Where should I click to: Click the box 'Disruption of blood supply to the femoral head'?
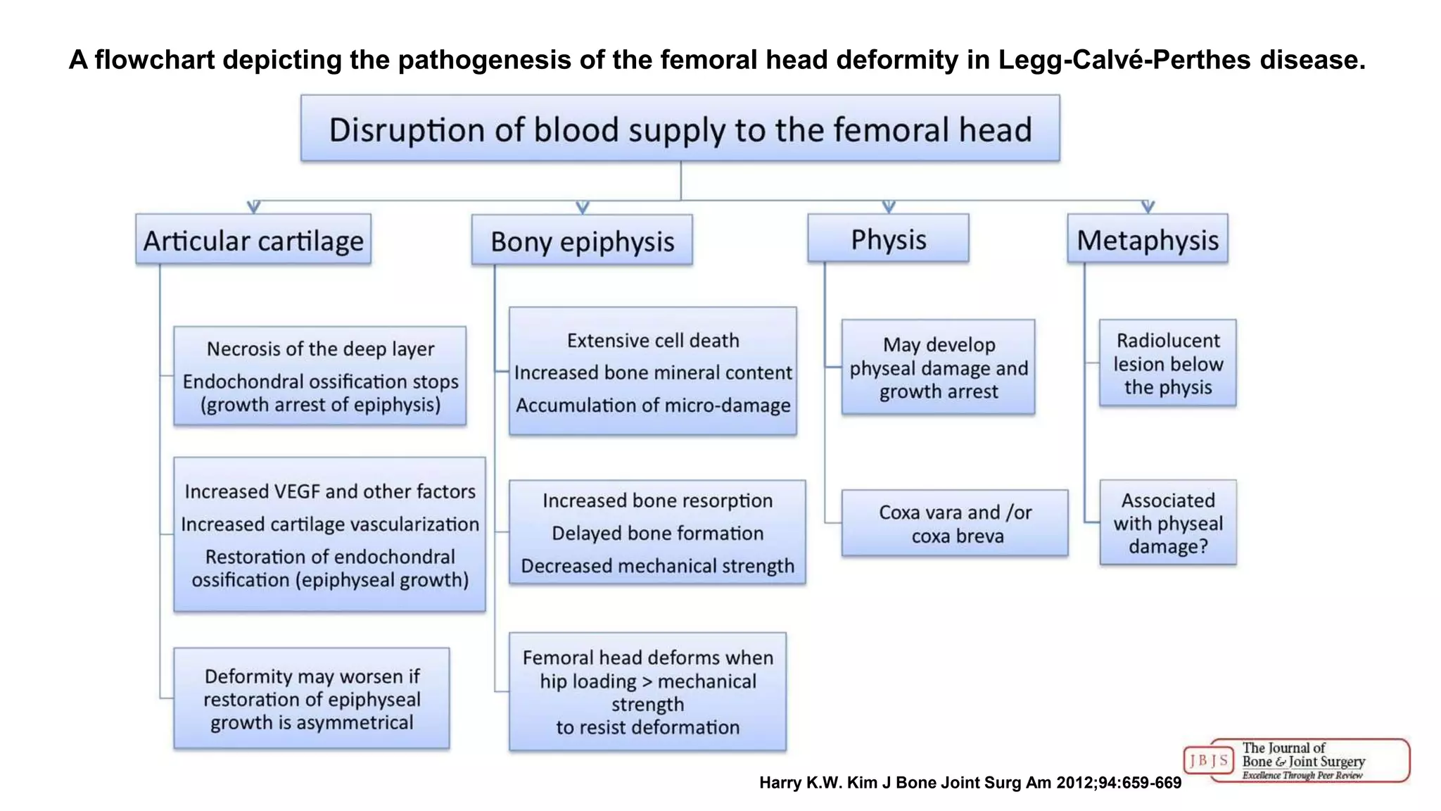pos(680,129)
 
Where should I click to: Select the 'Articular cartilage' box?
pos(253,239)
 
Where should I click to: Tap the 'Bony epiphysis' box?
pos(582,240)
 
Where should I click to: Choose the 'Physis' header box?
pos(888,239)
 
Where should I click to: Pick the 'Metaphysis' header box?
pos(1148,239)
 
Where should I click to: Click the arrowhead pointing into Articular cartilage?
pos(254,207)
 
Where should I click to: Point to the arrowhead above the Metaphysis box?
pos(1148,207)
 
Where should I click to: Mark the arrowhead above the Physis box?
pos(889,207)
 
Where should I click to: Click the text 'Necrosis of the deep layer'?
pos(320,349)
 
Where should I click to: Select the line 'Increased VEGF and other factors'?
pos(330,491)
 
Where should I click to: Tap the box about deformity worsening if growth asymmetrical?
pos(312,698)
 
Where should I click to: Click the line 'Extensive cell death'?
pos(653,341)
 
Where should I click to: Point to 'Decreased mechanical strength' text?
pos(657,566)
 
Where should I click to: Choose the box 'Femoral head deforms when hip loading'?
pos(647,691)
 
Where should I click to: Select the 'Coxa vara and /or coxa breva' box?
pos(955,523)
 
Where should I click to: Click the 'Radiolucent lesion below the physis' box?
pos(1168,363)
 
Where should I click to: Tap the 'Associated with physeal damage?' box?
pos(1168,522)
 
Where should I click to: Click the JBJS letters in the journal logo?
pos(1209,760)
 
